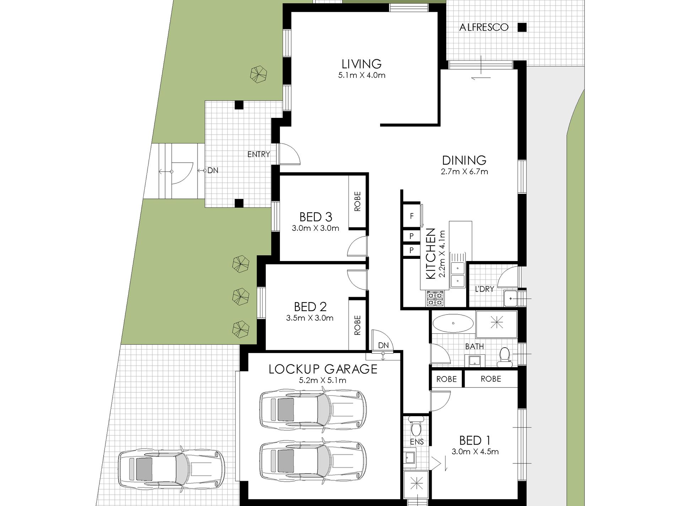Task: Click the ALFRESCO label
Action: (484, 27)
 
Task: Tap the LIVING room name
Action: (362, 64)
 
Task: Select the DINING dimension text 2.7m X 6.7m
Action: (464, 172)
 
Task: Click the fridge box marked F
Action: (412, 216)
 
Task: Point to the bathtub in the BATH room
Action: (453, 323)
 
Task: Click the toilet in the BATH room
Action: (504, 357)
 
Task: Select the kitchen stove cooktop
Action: (435, 298)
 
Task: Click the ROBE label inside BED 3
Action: (357, 202)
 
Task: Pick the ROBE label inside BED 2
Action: (357, 325)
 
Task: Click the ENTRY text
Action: (259, 154)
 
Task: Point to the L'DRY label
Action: (485, 289)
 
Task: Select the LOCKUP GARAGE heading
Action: (323, 369)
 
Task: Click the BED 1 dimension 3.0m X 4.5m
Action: (475, 452)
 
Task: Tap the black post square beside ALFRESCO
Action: (522, 27)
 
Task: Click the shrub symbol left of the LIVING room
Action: (259, 74)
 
